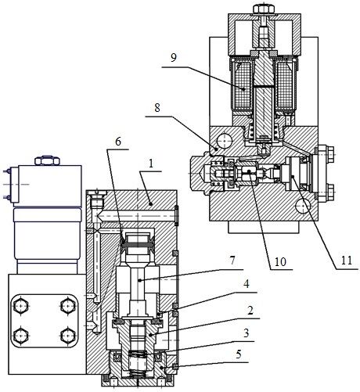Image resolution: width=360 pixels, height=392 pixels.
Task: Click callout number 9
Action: click(x=174, y=57)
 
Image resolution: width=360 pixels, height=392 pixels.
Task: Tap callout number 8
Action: click(x=157, y=107)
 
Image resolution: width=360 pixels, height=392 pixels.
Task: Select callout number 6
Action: click(x=118, y=142)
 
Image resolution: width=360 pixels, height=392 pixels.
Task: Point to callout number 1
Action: click(x=151, y=164)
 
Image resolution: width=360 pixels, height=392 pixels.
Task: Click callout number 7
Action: click(x=232, y=261)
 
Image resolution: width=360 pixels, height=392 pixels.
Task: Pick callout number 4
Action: click(x=246, y=284)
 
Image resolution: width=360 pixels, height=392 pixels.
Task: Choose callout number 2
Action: click(x=250, y=311)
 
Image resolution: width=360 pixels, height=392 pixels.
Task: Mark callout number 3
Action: click(x=246, y=333)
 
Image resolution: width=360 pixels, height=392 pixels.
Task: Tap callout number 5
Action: click(x=239, y=354)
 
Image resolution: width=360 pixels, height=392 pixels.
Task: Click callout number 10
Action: click(x=280, y=261)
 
